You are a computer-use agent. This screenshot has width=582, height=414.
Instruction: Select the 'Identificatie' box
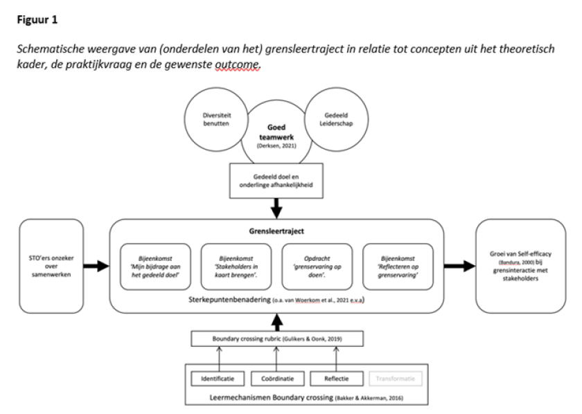[218, 379]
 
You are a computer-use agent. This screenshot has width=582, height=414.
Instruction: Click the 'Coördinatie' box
[276, 379]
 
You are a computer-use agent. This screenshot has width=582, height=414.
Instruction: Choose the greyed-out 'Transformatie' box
[395, 379]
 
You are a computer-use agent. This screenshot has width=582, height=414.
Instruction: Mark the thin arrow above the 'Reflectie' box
[336, 358]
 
